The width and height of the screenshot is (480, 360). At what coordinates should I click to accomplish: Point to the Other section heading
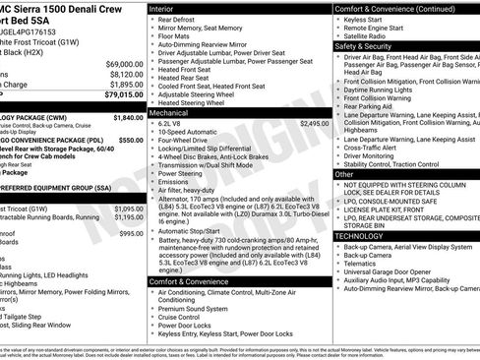pyautogui.click(x=345, y=174)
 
